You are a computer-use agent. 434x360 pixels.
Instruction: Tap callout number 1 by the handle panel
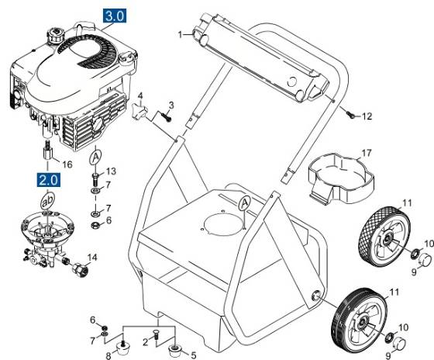tap(180, 34)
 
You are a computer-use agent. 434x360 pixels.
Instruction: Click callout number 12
tap(367, 116)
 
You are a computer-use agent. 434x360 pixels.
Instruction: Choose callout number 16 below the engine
tap(67, 164)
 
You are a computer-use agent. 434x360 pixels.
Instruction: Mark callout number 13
tap(111, 171)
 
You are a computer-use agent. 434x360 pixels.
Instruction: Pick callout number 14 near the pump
tap(92, 257)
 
